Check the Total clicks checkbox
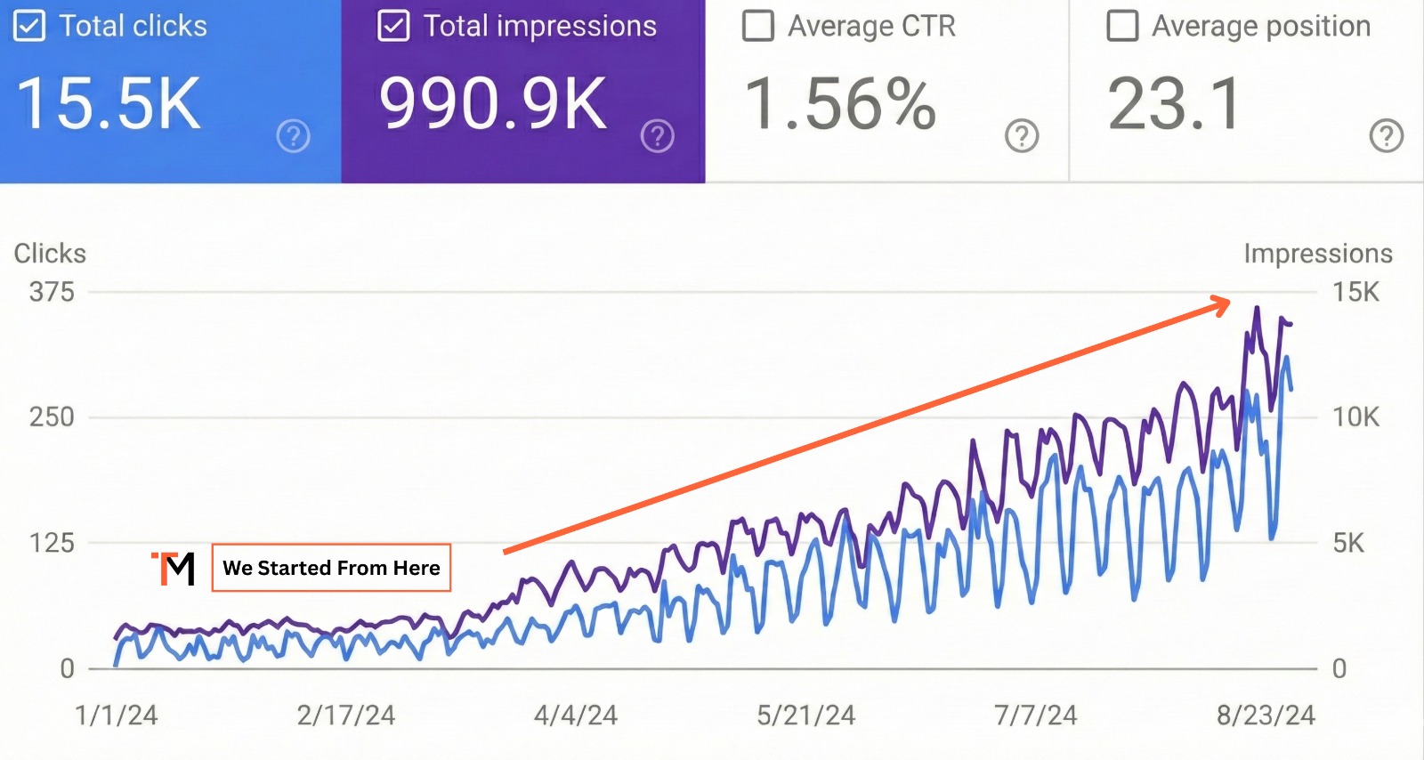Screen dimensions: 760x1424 click(x=28, y=27)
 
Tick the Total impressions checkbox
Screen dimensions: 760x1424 click(x=393, y=27)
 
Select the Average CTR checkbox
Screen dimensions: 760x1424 click(x=757, y=27)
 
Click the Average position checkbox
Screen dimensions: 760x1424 click(x=1121, y=27)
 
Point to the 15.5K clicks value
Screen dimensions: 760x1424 click(x=109, y=104)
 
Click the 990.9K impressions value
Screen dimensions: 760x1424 click(x=493, y=104)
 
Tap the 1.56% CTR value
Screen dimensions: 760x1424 click(x=840, y=104)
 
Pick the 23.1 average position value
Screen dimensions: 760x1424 click(x=1174, y=104)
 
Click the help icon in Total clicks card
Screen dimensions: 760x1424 click(x=293, y=136)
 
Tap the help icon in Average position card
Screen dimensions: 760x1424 click(x=1386, y=136)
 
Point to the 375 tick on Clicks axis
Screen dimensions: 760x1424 click(x=52, y=292)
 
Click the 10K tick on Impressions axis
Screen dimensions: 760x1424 click(x=1355, y=416)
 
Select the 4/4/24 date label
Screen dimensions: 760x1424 click(x=575, y=716)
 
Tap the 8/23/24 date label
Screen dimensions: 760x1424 click(x=1266, y=716)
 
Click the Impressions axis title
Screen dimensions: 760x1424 click(x=1317, y=254)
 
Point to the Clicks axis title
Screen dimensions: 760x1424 click(x=50, y=254)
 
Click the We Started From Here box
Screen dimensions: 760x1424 click(x=331, y=568)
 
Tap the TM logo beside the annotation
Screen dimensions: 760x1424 click(x=174, y=569)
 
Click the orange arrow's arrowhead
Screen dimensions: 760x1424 click(x=1223, y=305)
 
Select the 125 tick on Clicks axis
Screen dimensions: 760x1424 click(x=52, y=543)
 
